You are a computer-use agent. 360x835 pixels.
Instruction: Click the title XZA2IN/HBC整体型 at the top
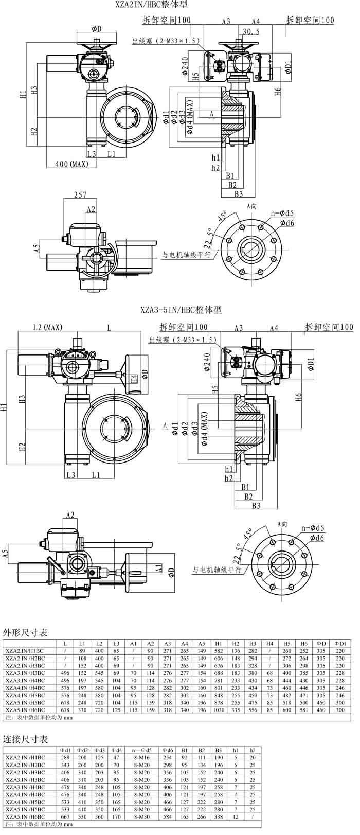pyautogui.click(x=152, y=5)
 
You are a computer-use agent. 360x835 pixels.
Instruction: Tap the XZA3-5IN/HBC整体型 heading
pyautogui.click(x=181, y=310)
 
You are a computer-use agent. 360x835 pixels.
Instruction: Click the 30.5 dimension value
pyautogui.click(x=250, y=32)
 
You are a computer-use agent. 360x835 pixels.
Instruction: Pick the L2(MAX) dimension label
pyautogui.click(x=48, y=327)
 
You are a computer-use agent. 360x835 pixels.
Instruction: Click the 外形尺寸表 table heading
pyautogui.click(x=25, y=632)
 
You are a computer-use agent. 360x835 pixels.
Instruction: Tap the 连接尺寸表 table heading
pyautogui.click(x=25, y=739)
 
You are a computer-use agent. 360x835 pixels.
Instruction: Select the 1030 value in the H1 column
pyautogui.click(x=219, y=709)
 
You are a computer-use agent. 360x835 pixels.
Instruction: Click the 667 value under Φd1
pyautogui.click(x=65, y=816)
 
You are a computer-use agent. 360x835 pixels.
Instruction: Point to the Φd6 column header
pyautogui.click(x=167, y=750)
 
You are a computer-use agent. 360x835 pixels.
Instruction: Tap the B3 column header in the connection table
pyautogui.click(x=219, y=750)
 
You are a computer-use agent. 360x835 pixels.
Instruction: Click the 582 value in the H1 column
pyautogui.click(x=219, y=651)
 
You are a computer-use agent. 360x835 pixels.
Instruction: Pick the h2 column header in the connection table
pyautogui.click(x=253, y=750)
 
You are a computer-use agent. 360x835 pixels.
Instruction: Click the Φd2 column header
pyautogui.click(x=82, y=750)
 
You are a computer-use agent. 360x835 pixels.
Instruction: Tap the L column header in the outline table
pyautogui.click(x=65, y=643)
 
